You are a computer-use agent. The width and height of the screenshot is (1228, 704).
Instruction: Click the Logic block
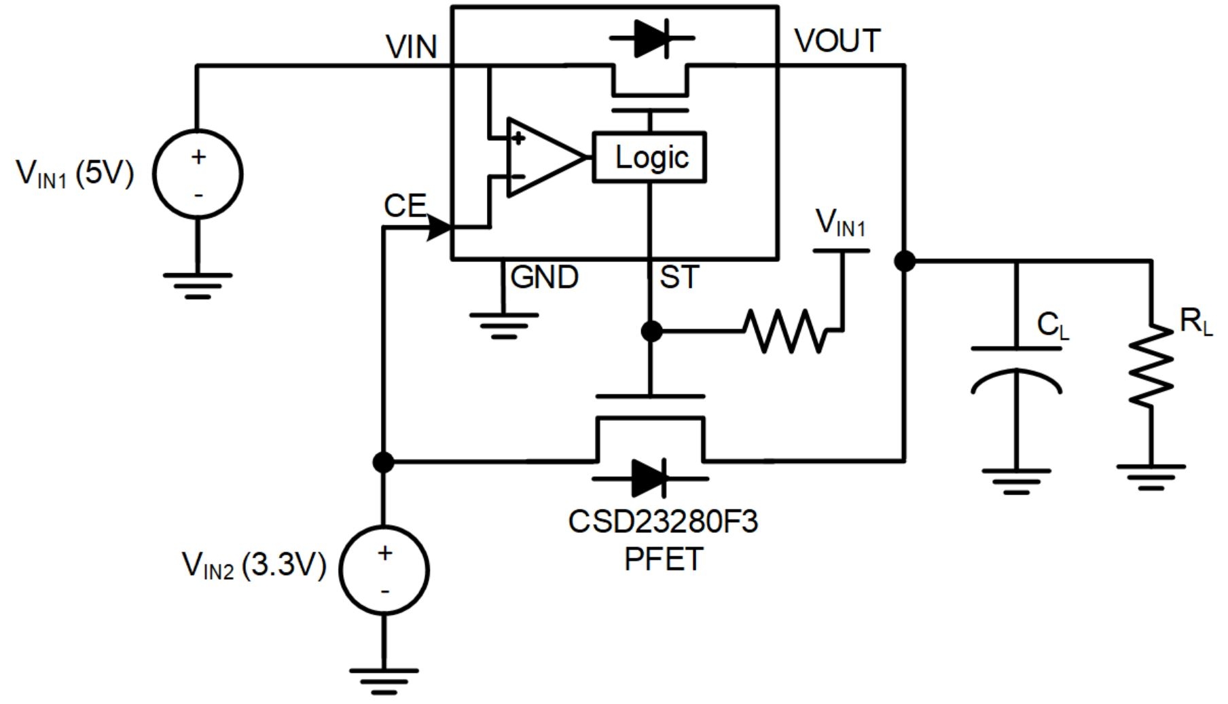(649, 158)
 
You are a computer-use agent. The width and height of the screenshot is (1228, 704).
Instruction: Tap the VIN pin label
(411, 47)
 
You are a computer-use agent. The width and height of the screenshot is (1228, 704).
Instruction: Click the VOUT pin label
(837, 41)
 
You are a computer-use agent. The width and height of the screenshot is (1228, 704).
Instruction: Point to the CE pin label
(405, 205)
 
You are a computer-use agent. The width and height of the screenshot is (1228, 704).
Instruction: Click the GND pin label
(544, 277)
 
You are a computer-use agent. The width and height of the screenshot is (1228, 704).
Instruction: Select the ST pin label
(679, 277)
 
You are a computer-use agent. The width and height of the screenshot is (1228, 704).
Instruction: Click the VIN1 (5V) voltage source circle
(198, 174)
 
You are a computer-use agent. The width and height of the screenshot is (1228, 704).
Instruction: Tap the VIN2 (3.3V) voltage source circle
(384, 570)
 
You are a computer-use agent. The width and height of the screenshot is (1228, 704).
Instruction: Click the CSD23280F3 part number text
(662, 521)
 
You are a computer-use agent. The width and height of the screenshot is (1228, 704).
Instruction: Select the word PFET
(662, 559)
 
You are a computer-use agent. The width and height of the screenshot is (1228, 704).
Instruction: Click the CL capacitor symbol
(1016, 371)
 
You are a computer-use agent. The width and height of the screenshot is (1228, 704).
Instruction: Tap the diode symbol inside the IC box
(651, 39)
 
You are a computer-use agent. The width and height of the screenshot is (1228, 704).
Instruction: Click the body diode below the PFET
(649, 478)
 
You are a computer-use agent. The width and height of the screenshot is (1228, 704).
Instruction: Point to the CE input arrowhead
(439, 227)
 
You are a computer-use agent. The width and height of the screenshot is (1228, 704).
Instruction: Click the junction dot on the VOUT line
(905, 261)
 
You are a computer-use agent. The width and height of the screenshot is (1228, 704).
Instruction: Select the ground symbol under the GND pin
(503, 325)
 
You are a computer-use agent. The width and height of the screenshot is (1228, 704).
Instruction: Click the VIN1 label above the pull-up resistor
(840, 223)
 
